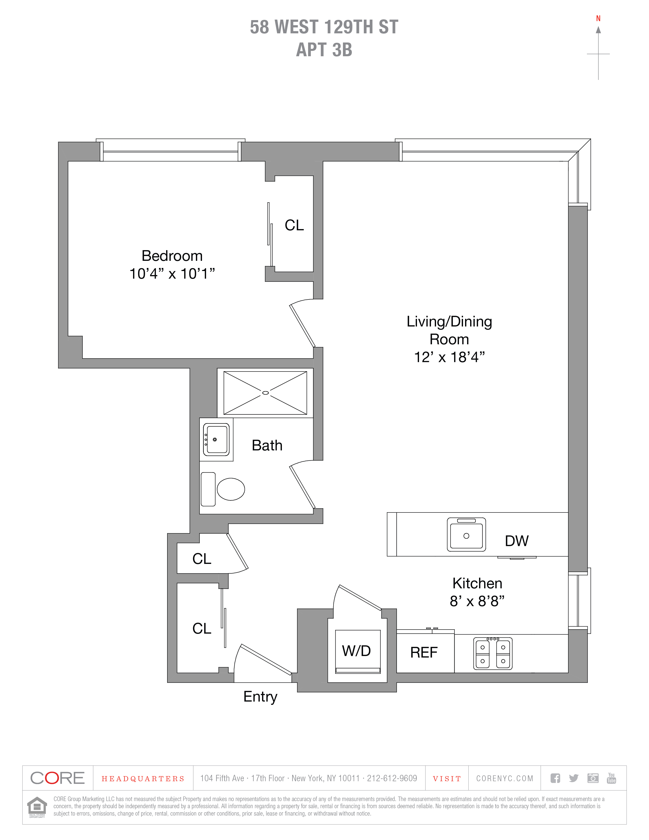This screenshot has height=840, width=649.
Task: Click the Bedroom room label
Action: [172, 256]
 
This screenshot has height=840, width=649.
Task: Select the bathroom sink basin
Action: [216, 439]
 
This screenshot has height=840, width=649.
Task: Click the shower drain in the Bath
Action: [265, 393]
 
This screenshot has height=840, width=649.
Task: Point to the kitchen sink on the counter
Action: [466, 534]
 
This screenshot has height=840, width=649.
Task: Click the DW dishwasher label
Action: [517, 541]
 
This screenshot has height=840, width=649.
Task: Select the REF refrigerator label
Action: [424, 652]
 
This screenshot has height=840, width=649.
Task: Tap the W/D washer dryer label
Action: [356, 651]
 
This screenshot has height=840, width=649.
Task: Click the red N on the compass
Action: [598, 19]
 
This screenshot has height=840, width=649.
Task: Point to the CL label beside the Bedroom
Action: [294, 225]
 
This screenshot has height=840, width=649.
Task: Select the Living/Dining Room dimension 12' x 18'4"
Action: [449, 357]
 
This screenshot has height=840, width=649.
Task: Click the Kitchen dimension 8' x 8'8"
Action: [477, 601]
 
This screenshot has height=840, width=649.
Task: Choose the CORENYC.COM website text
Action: [505, 778]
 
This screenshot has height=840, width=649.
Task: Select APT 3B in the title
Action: [324, 50]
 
